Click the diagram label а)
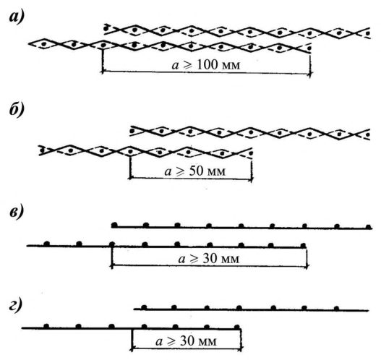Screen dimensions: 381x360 tap(17, 17)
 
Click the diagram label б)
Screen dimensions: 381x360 tap(17, 109)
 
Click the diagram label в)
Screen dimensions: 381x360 tap(17, 212)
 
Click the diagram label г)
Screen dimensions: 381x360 tap(16, 304)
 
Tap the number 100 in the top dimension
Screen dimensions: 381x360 tap(207, 65)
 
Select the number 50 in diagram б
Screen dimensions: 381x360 tap(196, 171)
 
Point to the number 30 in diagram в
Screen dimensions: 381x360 tap(210, 259)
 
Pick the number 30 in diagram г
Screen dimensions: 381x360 tap(187, 341)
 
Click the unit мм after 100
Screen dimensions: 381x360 tap(231, 66)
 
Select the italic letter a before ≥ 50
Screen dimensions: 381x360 tap(168, 172)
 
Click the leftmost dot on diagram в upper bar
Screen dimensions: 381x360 tap(114, 225)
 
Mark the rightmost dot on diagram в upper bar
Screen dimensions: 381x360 tap(369, 227)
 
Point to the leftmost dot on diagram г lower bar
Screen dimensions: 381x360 tap(46, 326)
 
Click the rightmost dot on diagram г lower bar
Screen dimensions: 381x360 tap(237, 327)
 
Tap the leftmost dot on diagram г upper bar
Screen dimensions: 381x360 tap(144, 307)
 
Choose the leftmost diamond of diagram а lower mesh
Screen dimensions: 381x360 tap(43, 44)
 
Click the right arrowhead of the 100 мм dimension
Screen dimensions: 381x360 tap(309, 73)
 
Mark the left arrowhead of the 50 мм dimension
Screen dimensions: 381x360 tap(131, 178)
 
